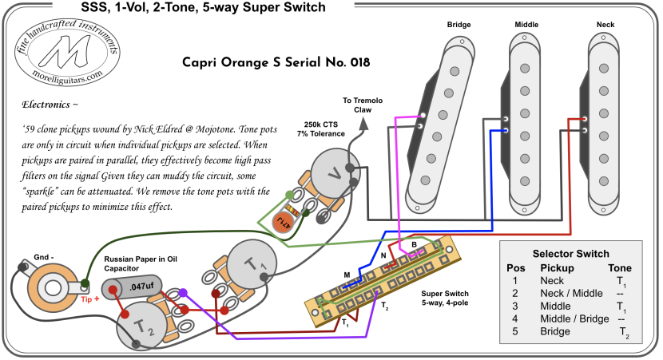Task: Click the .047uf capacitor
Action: pos(133,285)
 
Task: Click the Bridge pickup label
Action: pos(459,25)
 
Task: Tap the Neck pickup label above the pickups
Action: pos(605,25)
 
